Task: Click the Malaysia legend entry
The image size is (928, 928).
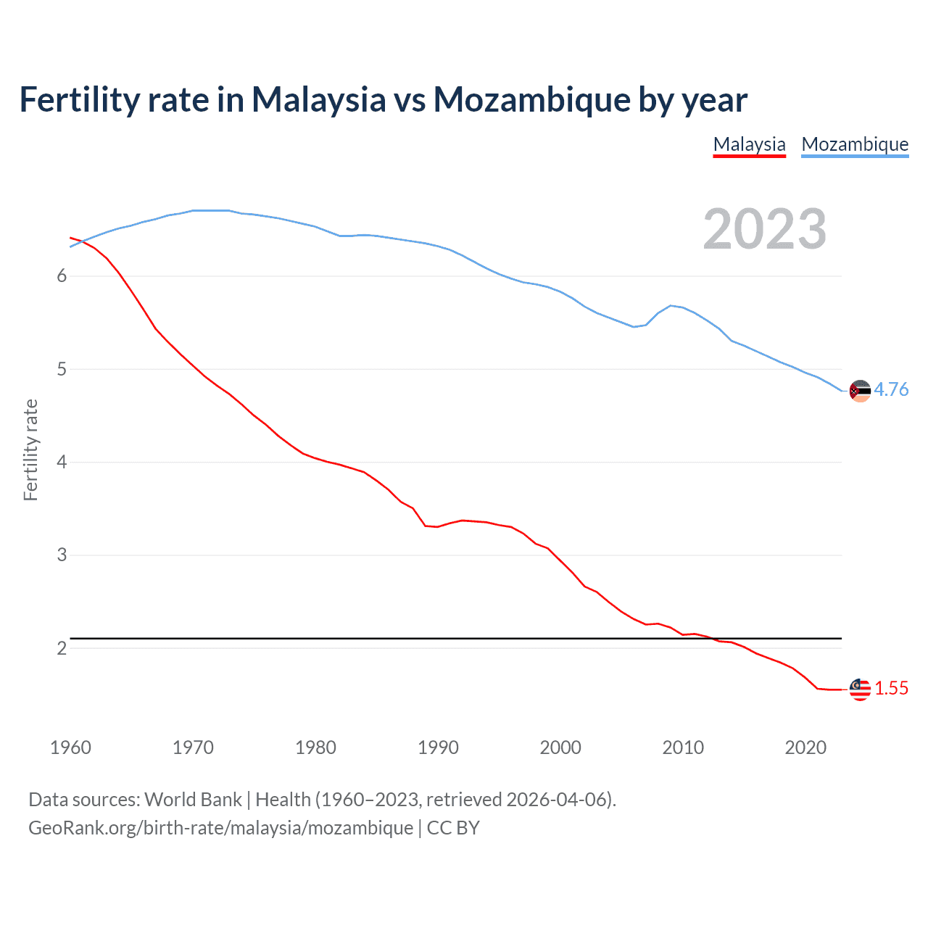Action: pos(749,144)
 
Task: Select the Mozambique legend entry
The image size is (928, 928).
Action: pos(855,144)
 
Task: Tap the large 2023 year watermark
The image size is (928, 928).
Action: pos(764,229)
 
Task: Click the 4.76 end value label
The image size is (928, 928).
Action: pos(891,390)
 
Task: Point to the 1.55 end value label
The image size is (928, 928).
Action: pos(891,689)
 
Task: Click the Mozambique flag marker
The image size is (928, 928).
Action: pos(860,391)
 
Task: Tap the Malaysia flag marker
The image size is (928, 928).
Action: pos(860,689)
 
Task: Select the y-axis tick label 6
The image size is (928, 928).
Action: pos(62,276)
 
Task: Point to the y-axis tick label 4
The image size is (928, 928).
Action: pos(62,463)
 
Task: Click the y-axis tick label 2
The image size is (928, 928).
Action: pos(62,648)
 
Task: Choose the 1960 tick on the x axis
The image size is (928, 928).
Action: pos(70,747)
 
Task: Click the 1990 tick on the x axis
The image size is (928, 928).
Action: pos(438,747)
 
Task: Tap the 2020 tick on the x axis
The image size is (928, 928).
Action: pos(805,747)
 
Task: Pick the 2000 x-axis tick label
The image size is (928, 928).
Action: pos(560,747)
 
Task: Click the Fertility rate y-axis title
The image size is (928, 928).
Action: pos(30,449)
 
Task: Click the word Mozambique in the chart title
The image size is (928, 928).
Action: pos(531,100)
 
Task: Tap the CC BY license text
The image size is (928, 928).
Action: pos(453,828)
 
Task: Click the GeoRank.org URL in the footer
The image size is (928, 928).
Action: pos(220,828)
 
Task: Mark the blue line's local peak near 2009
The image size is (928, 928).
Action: pos(671,305)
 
